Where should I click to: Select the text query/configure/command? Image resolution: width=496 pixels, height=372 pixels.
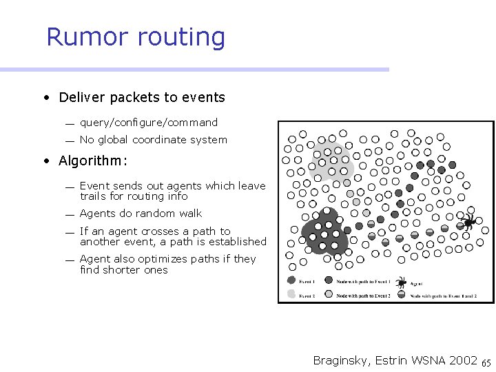click(x=148, y=123)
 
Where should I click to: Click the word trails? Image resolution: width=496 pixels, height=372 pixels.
click(x=94, y=196)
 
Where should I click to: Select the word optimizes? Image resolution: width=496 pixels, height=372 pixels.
click(x=151, y=259)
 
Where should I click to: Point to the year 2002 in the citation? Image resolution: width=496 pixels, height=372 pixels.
click(x=464, y=360)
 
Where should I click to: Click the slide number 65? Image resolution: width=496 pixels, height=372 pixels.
click(x=486, y=362)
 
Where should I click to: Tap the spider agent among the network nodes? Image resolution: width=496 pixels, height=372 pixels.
click(x=468, y=222)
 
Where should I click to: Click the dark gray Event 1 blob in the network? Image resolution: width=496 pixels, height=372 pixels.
click(x=322, y=233)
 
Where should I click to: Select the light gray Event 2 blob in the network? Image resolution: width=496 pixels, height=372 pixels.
click(x=332, y=163)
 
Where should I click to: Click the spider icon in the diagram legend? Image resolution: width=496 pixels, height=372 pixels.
click(x=400, y=282)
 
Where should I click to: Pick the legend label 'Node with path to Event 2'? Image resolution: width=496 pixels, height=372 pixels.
click(x=363, y=296)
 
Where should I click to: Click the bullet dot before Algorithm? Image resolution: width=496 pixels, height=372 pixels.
click(x=45, y=161)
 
